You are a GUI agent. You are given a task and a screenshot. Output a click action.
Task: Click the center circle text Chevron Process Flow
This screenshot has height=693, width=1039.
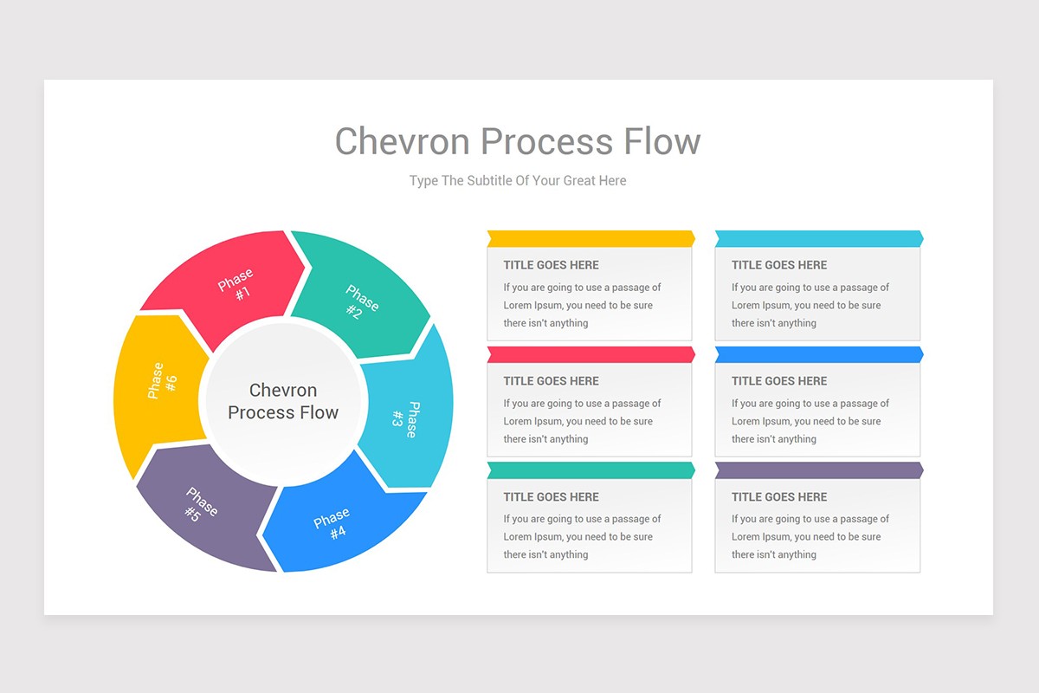point(283,401)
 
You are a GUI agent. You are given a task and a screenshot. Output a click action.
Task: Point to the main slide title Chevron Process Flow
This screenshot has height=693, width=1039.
point(518,141)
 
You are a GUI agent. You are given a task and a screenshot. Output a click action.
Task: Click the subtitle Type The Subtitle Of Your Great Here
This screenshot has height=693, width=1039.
point(518,181)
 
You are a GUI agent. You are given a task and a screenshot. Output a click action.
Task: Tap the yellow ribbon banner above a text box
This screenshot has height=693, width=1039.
point(590,238)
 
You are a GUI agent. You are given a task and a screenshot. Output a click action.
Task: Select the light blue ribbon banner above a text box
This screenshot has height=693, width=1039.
point(818,238)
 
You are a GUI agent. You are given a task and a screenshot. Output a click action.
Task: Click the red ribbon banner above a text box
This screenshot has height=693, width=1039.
point(590,354)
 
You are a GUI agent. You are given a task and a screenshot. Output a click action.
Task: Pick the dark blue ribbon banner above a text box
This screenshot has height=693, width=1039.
point(818,354)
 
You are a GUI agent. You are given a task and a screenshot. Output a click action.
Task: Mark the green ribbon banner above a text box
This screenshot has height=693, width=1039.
point(590,470)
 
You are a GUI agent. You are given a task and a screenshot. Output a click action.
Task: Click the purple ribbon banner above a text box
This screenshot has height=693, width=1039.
point(818,470)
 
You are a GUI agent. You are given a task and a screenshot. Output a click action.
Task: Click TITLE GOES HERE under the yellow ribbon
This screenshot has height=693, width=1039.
point(551,265)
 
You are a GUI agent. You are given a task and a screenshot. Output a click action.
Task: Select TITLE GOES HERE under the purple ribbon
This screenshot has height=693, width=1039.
point(779,497)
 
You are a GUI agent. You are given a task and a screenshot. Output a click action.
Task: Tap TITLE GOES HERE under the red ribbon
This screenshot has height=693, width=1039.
point(551,381)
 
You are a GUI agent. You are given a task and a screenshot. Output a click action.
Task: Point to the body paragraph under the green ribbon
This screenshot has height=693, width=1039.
point(582,537)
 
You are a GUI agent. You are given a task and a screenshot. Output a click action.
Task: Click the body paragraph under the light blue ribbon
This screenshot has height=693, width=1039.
point(810,305)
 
